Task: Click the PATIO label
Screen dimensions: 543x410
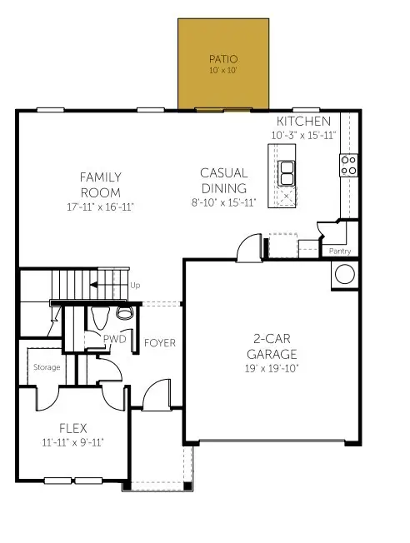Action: [x=222, y=59]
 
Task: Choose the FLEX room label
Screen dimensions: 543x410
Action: [x=73, y=428]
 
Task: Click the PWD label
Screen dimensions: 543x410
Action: [x=114, y=339]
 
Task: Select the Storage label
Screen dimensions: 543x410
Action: [x=47, y=366]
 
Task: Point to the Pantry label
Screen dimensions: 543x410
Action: [x=340, y=251]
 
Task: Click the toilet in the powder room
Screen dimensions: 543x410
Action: [x=125, y=312]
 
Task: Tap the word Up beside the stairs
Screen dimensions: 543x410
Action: [x=136, y=285]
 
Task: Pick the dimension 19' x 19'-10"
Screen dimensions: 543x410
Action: [x=272, y=368]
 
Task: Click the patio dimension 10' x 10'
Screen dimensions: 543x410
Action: [x=222, y=72]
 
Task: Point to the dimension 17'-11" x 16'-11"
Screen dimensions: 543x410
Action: [x=101, y=206]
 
